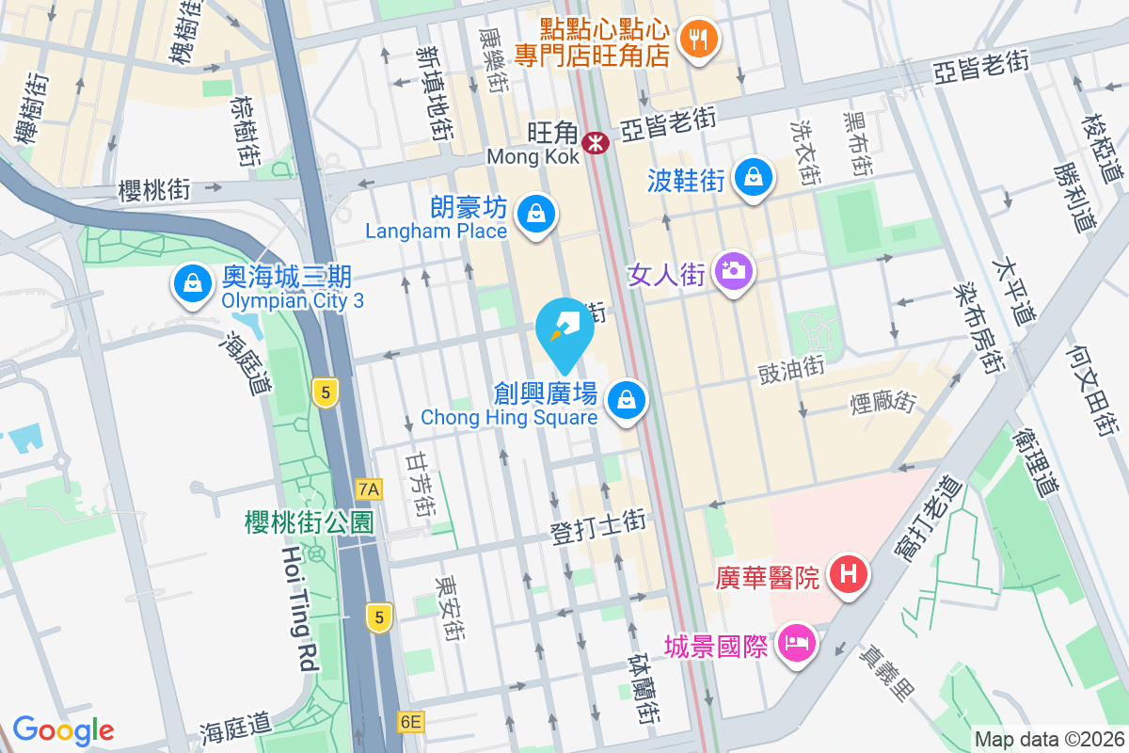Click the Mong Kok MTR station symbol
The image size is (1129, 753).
(x=595, y=143)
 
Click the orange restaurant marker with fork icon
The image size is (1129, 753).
(x=697, y=39)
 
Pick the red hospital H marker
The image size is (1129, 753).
(x=848, y=574)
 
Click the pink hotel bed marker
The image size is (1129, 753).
(x=797, y=646)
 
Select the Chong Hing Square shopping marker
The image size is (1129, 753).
(x=626, y=400)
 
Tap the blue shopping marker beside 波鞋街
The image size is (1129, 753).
(x=754, y=176)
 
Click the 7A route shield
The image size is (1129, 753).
(x=370, y=489)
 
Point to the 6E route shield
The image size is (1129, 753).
(x=411, y=722)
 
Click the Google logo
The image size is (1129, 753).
(x=63, y=729)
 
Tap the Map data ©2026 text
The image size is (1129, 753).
(x=1048, y=739)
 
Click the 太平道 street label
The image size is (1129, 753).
(x=1017, y=281)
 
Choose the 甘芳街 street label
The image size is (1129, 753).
(x=421, y=481)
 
